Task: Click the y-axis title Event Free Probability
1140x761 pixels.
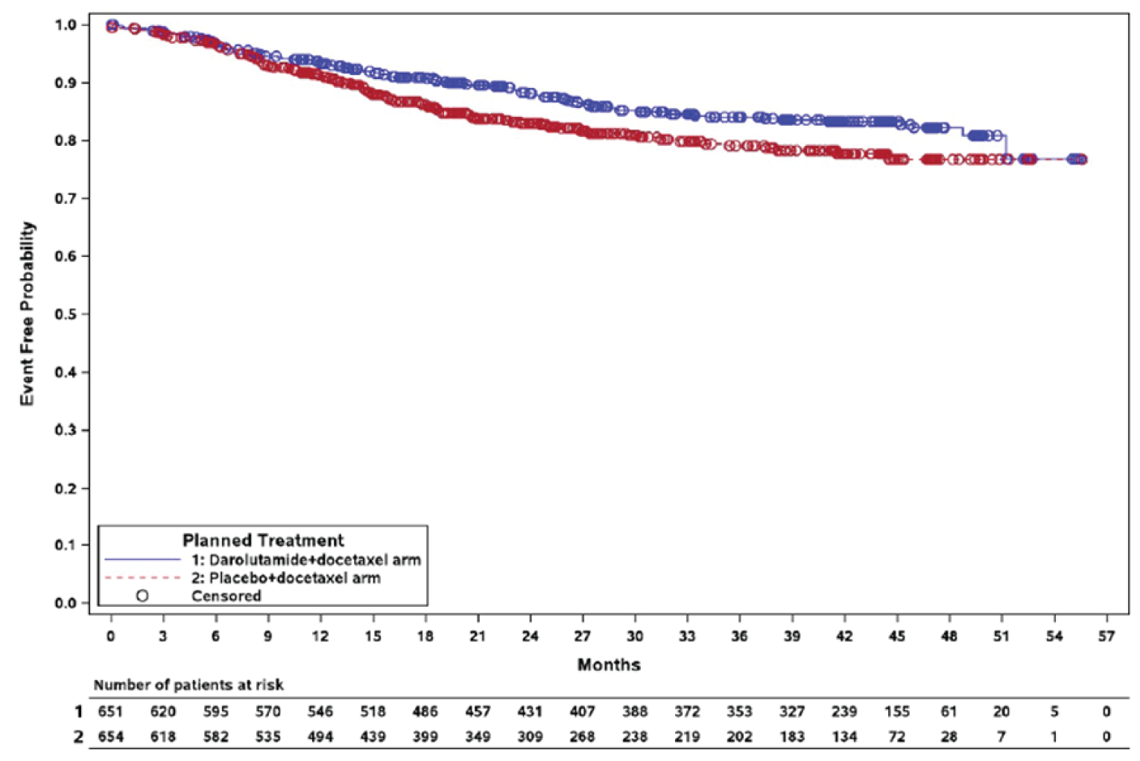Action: [x=27, y=313]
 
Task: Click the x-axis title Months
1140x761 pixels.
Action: [x=608, y=664]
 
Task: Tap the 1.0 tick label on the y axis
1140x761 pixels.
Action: [x=66, y=25]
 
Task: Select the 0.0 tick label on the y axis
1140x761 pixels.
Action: [x=66, y=602]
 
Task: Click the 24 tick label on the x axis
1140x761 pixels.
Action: [x=530, y=636]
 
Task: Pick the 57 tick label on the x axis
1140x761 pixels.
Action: [x=1106, y=636]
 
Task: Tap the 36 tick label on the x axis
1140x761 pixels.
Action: [x=739, y=636]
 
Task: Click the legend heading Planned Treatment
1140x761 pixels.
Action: [x=263, y=540]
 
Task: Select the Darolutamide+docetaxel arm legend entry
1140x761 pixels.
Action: [x=305, y=559]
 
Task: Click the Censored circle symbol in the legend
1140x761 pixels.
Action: [x=142, y=596]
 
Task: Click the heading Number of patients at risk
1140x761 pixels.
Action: [x=189, y=685]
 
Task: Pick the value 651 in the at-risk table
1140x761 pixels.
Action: [x=110, y=712]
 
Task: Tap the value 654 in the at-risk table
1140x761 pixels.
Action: [x=110, y=736]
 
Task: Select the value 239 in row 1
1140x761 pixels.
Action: [x=843, y=712]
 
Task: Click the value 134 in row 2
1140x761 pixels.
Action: [x=843, y=736]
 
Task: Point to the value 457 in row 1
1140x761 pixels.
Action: [x=478, y=712]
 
